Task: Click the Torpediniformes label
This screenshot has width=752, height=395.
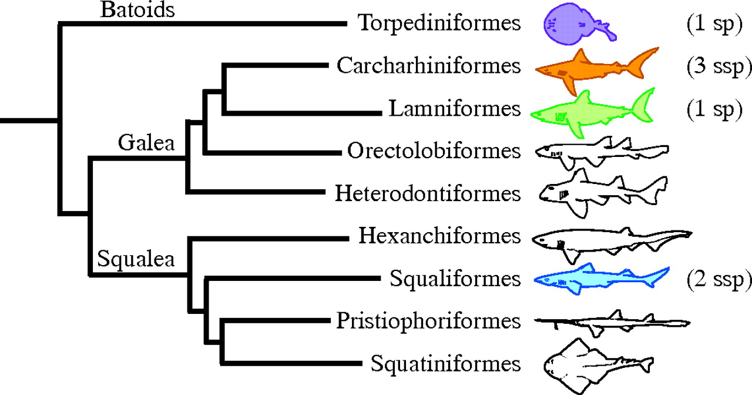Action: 439,24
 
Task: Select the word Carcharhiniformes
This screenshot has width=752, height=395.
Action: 428,66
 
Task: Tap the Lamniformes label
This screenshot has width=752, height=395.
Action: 454,109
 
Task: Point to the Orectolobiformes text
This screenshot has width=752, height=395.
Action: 434,151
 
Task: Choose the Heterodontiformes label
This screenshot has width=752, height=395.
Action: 428,193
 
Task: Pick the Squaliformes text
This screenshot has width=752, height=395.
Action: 455,279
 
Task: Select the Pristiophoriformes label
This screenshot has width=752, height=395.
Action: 428,321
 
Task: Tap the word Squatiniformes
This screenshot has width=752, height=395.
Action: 445,364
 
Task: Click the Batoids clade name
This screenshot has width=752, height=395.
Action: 137,10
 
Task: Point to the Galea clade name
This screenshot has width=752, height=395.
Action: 146,143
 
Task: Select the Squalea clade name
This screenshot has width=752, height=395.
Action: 136,258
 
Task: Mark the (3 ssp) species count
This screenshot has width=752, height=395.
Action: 719,66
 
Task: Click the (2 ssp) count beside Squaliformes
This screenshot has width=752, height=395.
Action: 719,279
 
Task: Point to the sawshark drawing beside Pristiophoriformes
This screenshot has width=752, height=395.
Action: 611,323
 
